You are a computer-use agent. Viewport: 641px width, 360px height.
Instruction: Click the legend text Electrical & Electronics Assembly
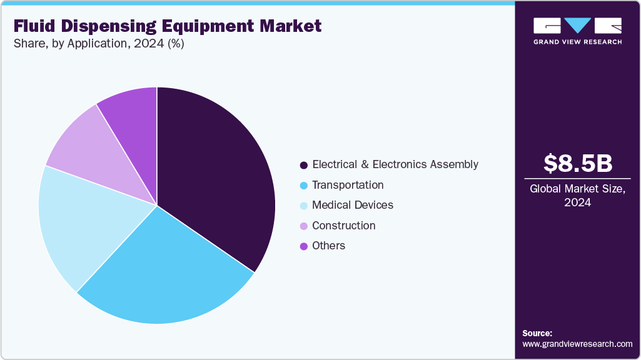[x=395, y=164]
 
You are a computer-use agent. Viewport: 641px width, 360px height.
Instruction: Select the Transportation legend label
[x=348, y=185]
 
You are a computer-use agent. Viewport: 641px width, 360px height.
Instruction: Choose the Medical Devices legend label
[x=353, y=205]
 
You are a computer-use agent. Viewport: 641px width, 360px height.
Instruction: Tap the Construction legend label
[x=343, y=225]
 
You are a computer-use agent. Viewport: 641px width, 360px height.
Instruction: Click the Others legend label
[x=328, y=246]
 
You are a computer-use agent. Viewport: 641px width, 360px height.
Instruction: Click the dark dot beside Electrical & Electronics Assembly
[x=304, y=165]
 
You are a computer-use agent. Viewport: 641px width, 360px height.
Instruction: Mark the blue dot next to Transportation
[x=304, y=186]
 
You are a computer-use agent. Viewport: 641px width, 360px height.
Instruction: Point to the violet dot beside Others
[x=304, y=246]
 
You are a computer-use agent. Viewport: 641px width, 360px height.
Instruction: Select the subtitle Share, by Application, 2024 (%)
[x=98, y=44]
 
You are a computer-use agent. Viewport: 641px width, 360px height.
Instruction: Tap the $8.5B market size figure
[x=577, y=164]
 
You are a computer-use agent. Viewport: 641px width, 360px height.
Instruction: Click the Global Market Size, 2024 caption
[x=577, y=195]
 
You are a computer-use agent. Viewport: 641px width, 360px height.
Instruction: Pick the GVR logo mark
[x=577, y=25]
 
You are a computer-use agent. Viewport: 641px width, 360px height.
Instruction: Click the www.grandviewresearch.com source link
[x=577, y=344]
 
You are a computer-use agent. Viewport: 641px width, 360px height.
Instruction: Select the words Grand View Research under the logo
[x=577, y=42]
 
